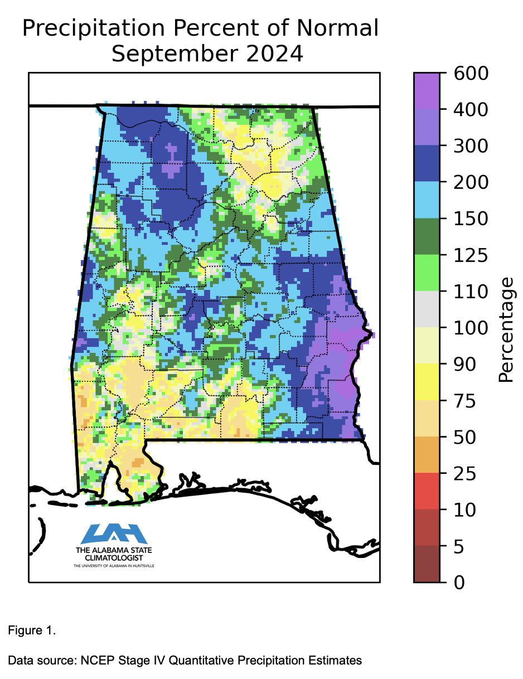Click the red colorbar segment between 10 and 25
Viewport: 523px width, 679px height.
[426, 491]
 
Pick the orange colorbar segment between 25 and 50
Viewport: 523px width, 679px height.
[426, 455]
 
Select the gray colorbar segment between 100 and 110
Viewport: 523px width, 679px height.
[426, 309]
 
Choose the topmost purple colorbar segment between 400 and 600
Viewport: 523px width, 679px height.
[426, 90]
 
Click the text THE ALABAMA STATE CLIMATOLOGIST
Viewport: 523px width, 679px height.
[114, 554]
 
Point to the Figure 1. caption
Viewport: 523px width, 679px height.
[32, 631]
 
